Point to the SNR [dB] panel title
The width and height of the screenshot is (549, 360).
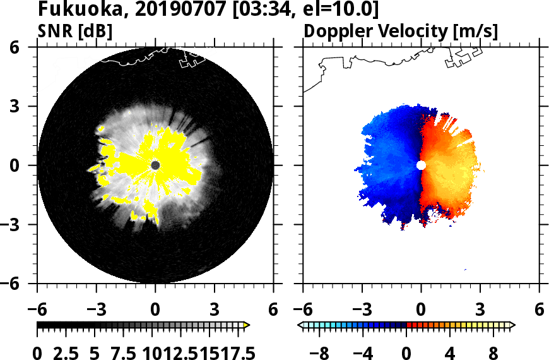[x=75, y=30]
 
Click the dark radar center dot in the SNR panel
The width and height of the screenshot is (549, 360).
[x=156, y=165]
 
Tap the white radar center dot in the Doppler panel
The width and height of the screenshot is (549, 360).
[x=421, y=165]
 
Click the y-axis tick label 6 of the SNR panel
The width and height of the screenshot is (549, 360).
[x=26, y=47]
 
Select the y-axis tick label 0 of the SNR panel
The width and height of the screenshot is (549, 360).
[x=26, y=165]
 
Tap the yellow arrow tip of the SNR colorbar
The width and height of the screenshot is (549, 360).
[x=247, y=325]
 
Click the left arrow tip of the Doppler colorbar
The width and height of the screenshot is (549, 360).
[x=300, y=325]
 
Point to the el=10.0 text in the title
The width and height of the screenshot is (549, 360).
[x=341, y=10]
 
